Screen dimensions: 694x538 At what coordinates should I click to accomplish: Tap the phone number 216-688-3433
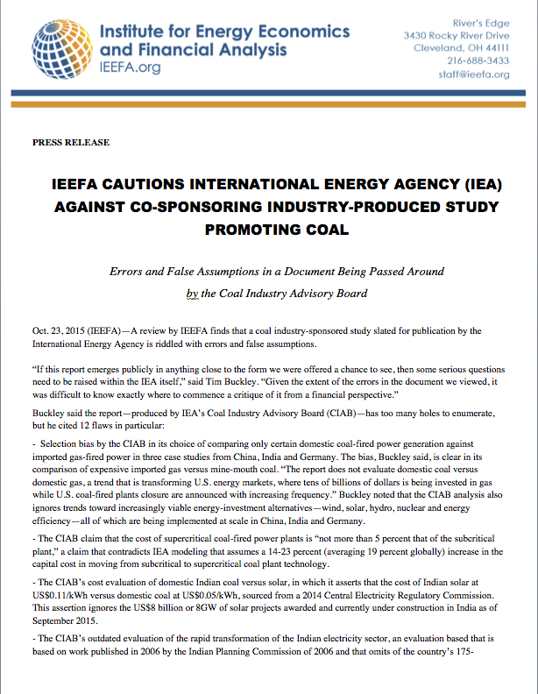coord(478,60)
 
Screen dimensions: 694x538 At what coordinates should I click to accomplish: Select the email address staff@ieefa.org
coord(473,74)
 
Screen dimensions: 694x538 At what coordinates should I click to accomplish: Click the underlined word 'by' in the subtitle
coord(193,294)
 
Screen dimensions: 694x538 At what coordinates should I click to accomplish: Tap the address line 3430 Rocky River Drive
coord(457,35)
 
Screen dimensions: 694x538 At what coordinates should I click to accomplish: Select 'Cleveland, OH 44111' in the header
coord(462,47)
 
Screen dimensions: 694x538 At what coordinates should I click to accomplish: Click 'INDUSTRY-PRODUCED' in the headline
coord(347,208)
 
